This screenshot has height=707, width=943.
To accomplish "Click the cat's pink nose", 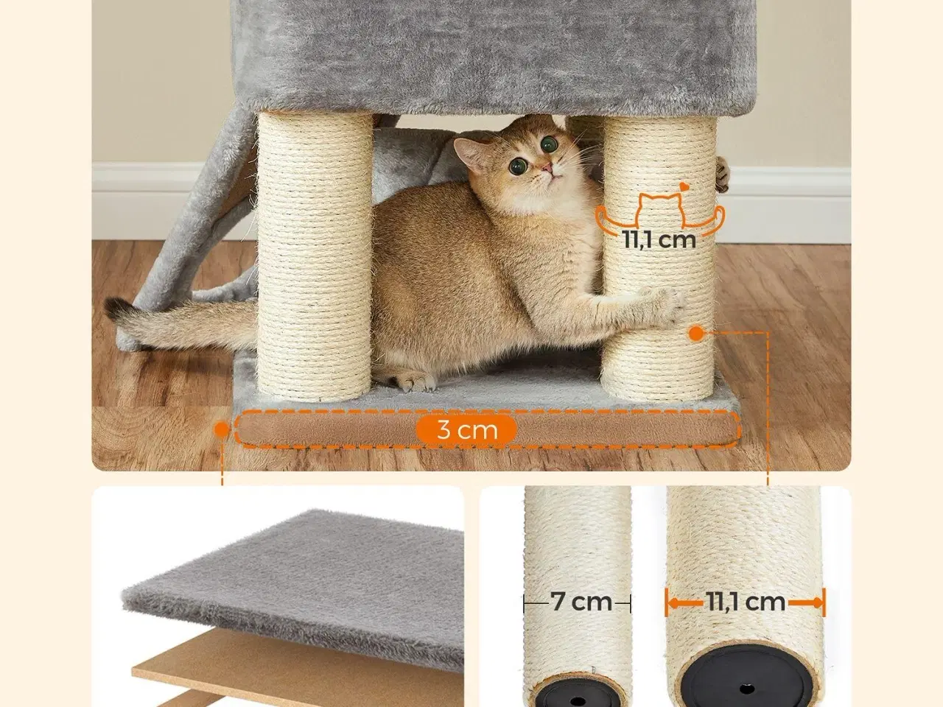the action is click(x=546, y=167).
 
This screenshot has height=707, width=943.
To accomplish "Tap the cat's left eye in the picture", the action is click(x=519, y=166).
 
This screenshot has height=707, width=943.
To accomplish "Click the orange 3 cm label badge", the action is click(x=466, y=429).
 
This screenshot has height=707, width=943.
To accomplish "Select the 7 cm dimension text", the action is click(x=581, y=602).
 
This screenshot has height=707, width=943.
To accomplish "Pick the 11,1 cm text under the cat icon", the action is click(x=659, y=239).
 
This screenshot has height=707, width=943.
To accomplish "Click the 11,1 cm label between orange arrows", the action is click(x=745, y=602).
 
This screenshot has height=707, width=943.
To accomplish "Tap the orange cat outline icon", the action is click(x=660, y=214).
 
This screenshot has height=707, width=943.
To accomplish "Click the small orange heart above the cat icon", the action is click(x=683, y=187).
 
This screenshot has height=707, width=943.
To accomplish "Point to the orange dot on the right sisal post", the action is click(x=696, y=333).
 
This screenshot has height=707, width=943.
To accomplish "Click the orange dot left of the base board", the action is click(x=222, y=429).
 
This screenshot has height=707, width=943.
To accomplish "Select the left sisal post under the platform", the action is click(x=315, y=256).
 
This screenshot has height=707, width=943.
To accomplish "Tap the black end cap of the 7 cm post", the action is click(x=578, y=692).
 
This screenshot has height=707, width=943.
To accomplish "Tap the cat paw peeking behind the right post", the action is click(x=722, y=175).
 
